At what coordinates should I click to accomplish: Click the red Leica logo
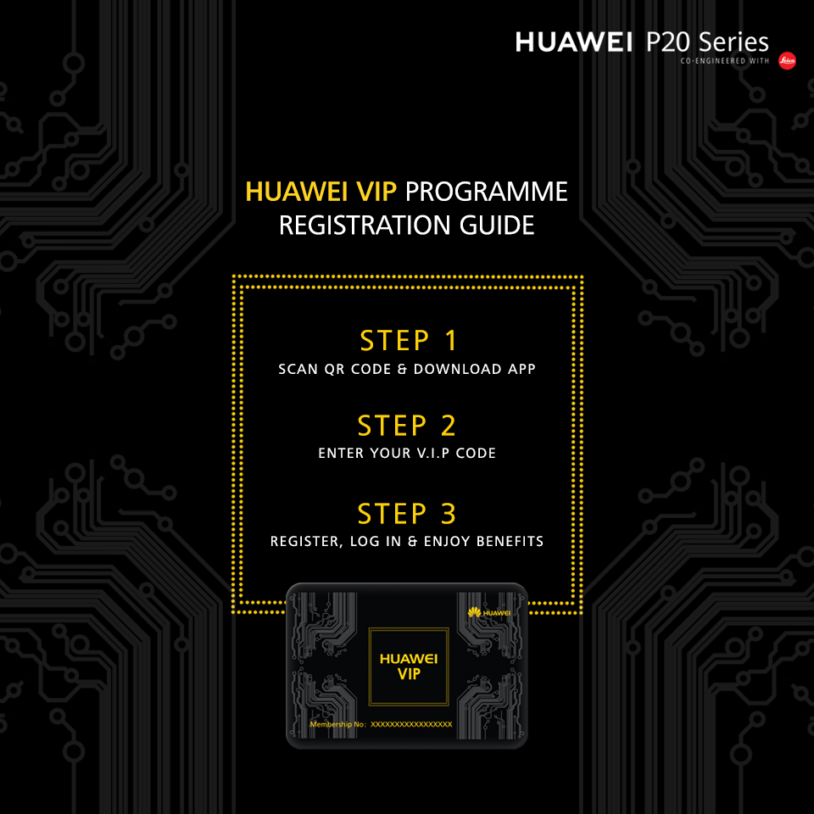coord(787,61)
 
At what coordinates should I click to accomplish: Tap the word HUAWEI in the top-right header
coord(574,42)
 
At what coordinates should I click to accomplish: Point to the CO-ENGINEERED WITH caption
coord(725,61)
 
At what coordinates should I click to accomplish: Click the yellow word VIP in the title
coord(376,192)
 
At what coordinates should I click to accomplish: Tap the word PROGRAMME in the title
coord(487,192)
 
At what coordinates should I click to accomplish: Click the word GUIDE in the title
coord(497,226)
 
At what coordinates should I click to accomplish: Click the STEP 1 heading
coord(409,341)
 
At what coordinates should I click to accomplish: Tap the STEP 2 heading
coord(406,426)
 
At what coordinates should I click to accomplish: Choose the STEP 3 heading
coord(406,514)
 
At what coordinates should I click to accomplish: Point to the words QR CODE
coord(358,369)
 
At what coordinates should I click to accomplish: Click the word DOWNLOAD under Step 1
coord(457,369)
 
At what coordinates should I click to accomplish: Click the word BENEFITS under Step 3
coord(510,542)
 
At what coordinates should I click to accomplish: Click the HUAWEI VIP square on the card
coord(409,666)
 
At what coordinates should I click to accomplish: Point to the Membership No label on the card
coord(338,724)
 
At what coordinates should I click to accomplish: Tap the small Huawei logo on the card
coord(489,612)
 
